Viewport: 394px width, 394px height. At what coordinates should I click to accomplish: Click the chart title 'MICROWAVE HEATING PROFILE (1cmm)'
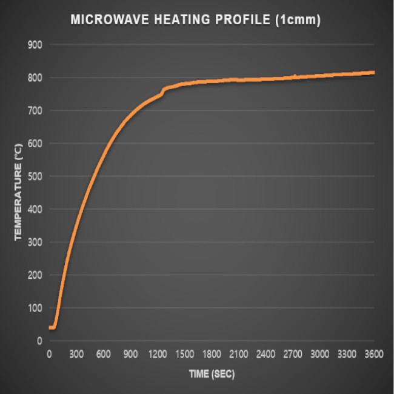(x=195, y=19)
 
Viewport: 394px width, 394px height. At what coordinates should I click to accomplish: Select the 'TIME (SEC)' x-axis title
(x=211, y=373)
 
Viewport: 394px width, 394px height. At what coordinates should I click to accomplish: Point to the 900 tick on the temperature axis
(x=35, y=45)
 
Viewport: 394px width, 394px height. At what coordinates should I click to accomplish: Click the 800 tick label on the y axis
(x=35, y=78)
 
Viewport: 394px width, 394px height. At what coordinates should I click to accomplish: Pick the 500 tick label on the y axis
(x=35, y=176)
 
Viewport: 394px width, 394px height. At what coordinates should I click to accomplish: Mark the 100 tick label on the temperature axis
(x=35, y=308)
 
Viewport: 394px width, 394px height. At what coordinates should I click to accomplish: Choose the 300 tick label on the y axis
(x=35, y=242)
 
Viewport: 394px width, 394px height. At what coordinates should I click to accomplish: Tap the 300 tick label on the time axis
(x=76, y=354)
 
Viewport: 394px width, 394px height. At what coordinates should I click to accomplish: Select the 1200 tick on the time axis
(x=158, y=354)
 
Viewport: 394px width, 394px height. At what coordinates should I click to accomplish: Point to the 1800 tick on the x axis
(x=212, y=354)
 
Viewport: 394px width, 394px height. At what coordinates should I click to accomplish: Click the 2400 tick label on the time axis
(x=265, y=354)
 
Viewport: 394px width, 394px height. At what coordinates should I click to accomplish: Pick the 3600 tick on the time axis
(x=373, y=354)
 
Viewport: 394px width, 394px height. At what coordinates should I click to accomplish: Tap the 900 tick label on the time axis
(x=130, y=354)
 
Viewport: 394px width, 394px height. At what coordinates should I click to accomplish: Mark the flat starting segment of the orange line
(x=52, y=327)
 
